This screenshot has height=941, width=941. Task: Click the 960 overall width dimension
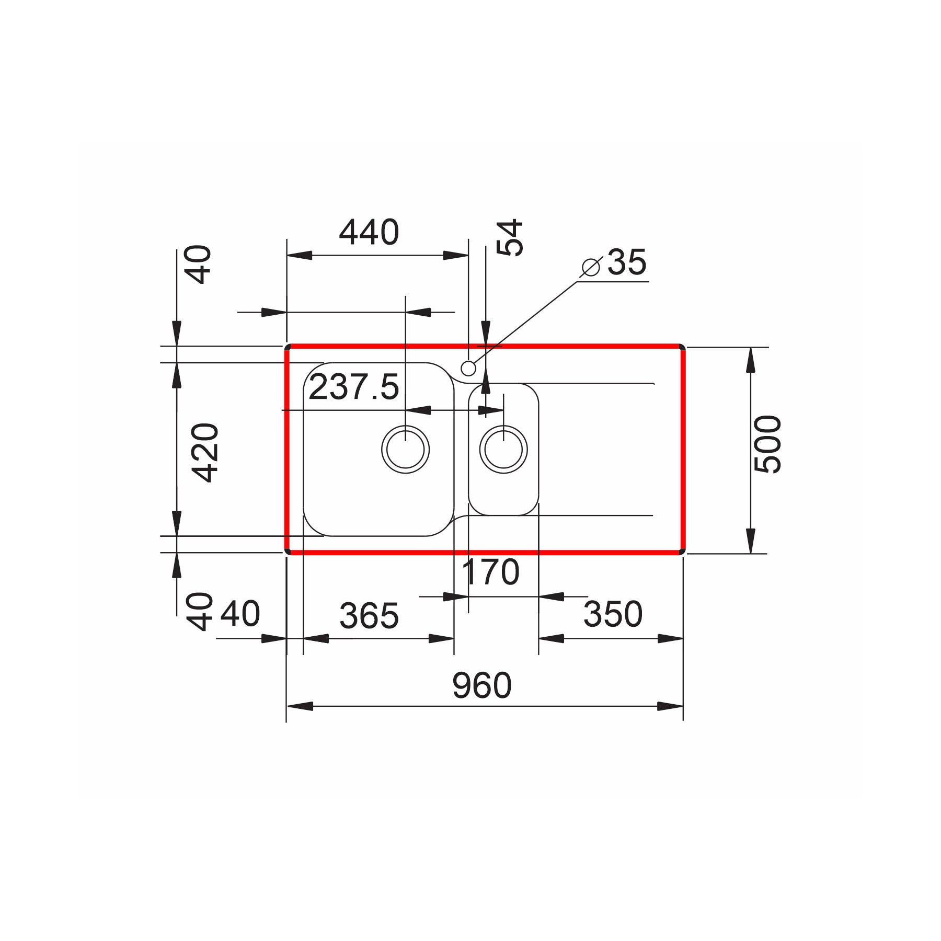pyautogui.click(x=481, y=686)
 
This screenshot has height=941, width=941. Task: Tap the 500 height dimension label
pyautogui.click(x=768, y=444)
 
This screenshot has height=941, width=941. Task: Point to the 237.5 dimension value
pyautogui.click(x=354, y=387)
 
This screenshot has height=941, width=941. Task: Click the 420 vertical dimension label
pyautogui.click(x=204, y=452)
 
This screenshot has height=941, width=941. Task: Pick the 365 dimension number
pyautogui.click(x=369, y=615)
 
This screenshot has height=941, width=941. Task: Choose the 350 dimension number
pyautogui.click(x=613, y=614)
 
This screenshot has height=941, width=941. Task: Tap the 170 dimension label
pyautogui.click(x=491, y=572)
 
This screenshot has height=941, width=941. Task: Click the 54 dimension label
pyautogui.click(x=509, y=237)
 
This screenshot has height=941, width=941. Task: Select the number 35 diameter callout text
pyautogui.click(x=627, y=262)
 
